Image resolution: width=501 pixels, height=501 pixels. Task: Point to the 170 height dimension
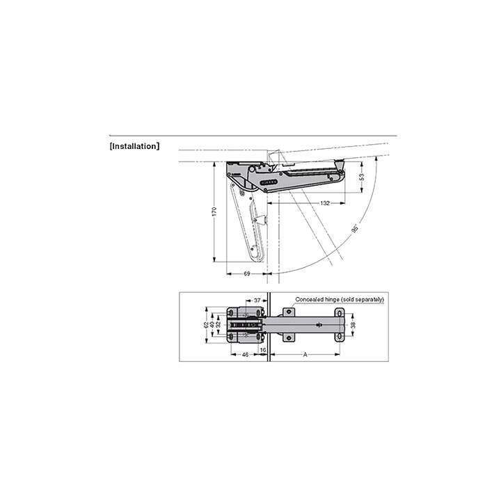coord(214,212)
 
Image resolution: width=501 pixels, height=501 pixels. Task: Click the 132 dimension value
coord(325,203)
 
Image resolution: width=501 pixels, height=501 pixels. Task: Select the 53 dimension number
coord(362,177)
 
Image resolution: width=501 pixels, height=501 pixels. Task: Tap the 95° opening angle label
coord(355,229)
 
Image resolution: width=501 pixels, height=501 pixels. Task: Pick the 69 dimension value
coord(247,274)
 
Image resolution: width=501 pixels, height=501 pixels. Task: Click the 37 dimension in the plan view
coord(257,301)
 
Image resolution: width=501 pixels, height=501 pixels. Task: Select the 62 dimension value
coord(207,325)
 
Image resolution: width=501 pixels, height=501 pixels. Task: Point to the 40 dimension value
coord(212,325)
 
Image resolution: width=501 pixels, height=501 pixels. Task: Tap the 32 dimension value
coord(218,325)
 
